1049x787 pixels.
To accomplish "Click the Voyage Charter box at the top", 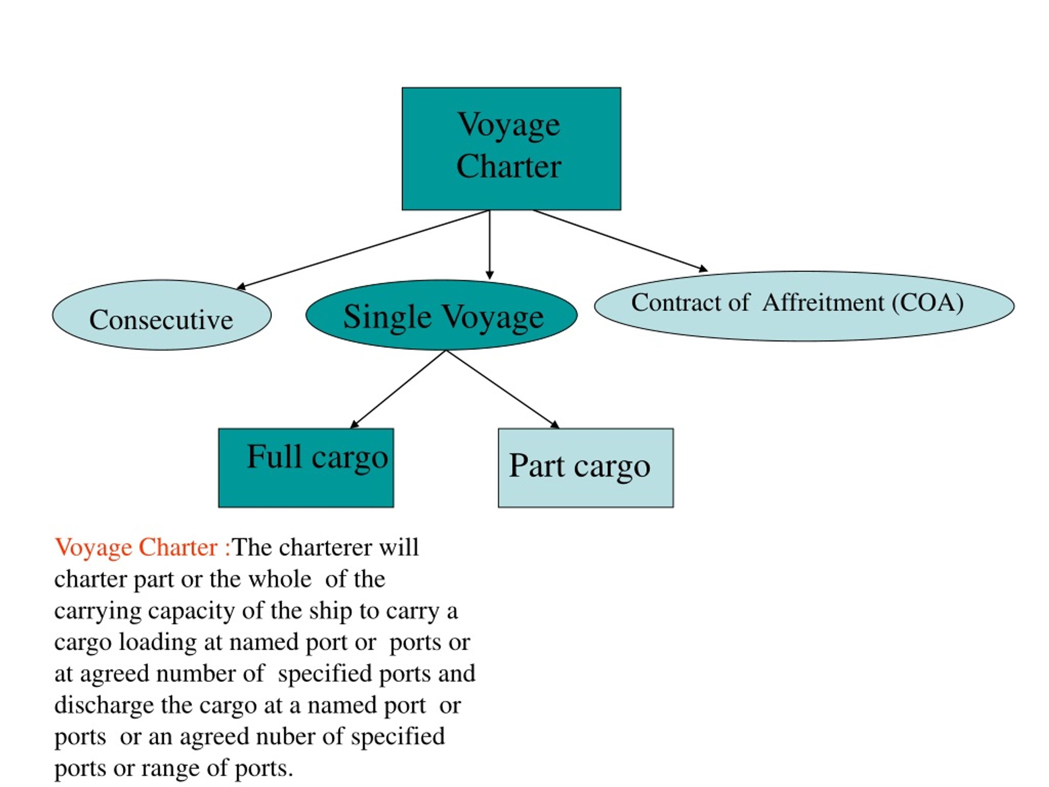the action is click(511, 148).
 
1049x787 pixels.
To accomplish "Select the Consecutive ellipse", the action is click(162, 315).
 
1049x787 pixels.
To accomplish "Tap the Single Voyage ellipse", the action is click(441, 315).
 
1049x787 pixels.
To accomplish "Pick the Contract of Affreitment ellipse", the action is click(804, 306).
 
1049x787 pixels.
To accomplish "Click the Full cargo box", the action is click(306, 468).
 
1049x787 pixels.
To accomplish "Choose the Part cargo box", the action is click(586, 468).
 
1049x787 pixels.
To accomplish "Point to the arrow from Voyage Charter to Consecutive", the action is click(363, 250).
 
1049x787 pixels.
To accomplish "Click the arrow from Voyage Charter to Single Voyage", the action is click(490, 245).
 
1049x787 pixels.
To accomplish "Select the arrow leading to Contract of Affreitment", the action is click(620, 241).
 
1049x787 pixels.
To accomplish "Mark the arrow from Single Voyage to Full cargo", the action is click(398, 389).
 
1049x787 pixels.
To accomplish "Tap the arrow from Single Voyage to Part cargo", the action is click(503, 389).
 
